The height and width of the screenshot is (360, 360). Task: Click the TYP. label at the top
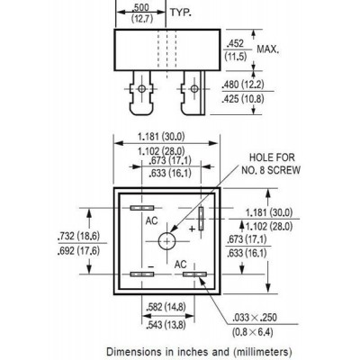click(181, 13)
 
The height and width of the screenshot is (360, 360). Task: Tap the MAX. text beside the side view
click(268, 49)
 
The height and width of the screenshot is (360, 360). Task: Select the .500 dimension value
click(142, 7)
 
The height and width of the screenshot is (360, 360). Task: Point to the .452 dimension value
click(235, 44)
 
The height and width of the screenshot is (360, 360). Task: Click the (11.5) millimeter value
click(236, 57)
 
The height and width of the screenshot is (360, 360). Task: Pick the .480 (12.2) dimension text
click(243, 85)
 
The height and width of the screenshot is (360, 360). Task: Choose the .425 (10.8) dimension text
click(243, 99)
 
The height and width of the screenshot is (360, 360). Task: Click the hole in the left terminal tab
click(141, 88)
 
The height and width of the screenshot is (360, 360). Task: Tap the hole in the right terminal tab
click(194, 88)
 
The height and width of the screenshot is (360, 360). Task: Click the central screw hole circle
click(166, 241)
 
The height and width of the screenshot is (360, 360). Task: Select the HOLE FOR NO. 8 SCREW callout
click(271, 164)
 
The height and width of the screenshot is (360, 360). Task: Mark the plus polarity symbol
click(193, 229)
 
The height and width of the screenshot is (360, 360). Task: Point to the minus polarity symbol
click(151, 266)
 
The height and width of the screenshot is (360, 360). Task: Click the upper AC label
click(151, 221)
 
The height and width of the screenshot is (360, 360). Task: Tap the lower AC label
click(181, 265)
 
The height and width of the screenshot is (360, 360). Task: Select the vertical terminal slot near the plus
click(201, 219)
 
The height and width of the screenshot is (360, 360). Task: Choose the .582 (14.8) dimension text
click(166, 307)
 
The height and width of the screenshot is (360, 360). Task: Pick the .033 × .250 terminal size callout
click(255, 318)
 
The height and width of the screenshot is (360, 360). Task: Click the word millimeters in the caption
click(261, 352)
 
